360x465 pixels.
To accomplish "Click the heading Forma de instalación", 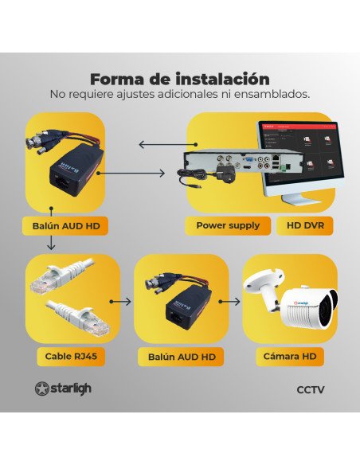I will (x=179, y=79).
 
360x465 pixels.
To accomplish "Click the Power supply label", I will (x=228, y=225).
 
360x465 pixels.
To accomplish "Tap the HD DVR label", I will (x=304, y=225).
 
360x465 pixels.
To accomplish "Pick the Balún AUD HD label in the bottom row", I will (x=182, y=357).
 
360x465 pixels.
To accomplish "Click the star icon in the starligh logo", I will (x=42, y=389).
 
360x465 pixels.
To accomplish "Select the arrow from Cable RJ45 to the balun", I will (x=120, y=302).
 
